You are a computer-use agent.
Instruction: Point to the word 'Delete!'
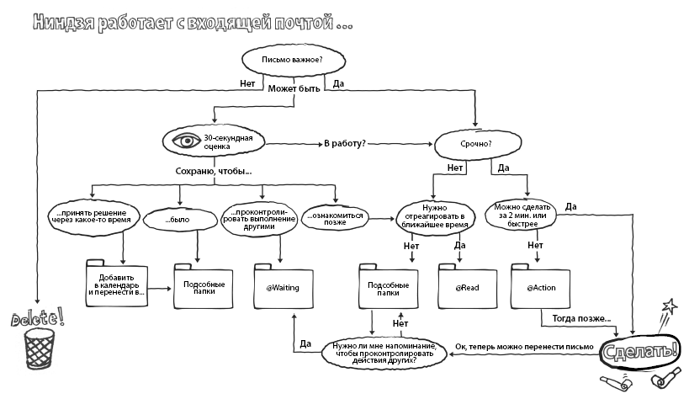point(38,318)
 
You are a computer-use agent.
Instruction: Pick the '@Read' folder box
point(468,288)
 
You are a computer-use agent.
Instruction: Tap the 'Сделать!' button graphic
point(641,350)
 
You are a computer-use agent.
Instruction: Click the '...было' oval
point(178,221)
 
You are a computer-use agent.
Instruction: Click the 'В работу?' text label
point(345,144)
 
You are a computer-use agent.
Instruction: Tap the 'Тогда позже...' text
point(581,320)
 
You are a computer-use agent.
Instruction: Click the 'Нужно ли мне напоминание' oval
point(384,352)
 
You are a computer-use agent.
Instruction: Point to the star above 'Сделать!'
point(669,306)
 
